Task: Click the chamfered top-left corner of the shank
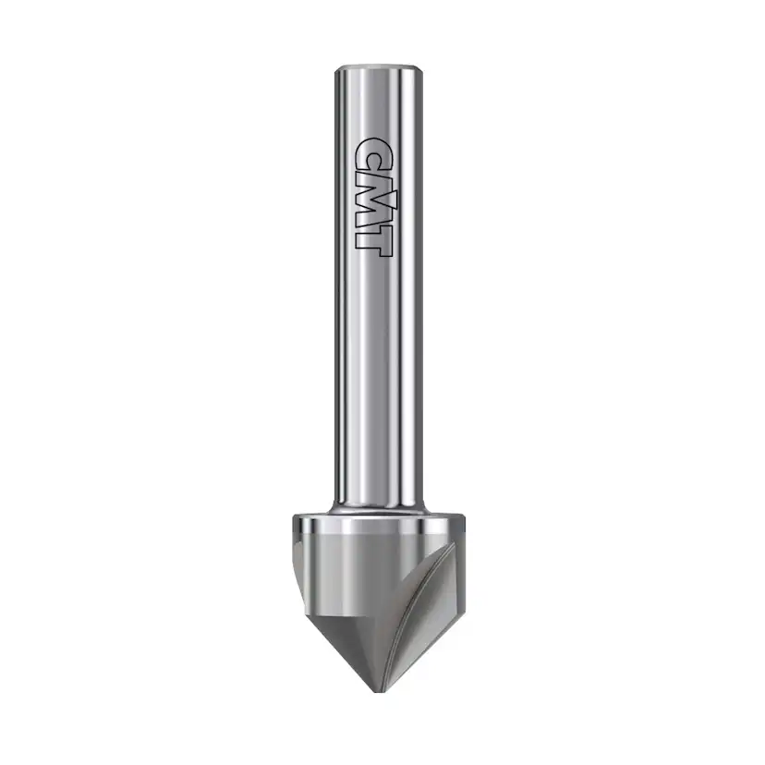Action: pyautogui.click(x=339, y=69)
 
